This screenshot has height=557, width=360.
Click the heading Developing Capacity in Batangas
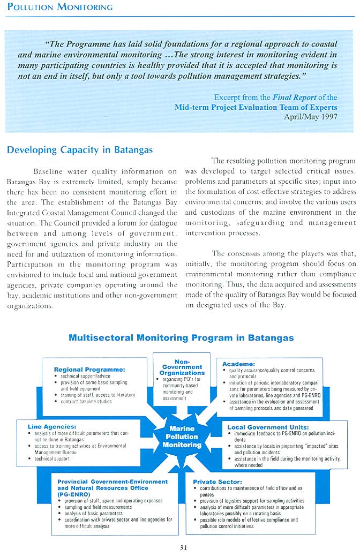point(80,150)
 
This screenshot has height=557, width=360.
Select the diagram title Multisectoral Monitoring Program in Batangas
point(181,337)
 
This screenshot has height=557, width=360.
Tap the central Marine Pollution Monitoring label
point(182,436)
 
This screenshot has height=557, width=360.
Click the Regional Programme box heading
point(89,369)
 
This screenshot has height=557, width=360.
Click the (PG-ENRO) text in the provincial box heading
point(73,494)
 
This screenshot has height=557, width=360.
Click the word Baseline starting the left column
point(51,171)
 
